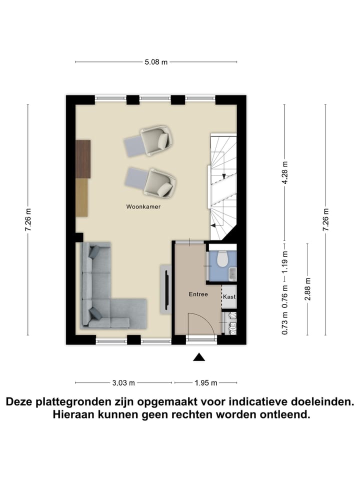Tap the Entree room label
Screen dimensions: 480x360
coord(198,294)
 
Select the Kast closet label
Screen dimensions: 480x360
coord(229,297)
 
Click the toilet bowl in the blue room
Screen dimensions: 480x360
coord(222,258)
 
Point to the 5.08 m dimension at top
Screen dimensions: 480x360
coord(155,62)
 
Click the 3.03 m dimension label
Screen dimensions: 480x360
coord(123,383)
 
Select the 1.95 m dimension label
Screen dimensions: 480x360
coord(205,383)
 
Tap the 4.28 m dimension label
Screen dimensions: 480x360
coord(285,173)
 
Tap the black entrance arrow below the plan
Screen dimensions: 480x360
coord(199,356)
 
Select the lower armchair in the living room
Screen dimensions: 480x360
coord(159,182)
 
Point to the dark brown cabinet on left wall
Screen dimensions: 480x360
coord(83,158)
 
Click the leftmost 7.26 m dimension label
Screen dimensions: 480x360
coord(28,219)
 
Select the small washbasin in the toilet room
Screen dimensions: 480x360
coord(232,273)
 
